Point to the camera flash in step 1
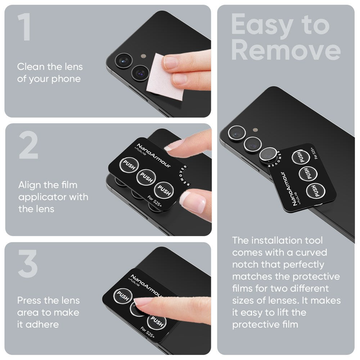coord(143,56)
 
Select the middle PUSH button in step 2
coord(146,177)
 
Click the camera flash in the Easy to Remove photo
coord(255,129)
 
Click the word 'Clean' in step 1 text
coord(31,67)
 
